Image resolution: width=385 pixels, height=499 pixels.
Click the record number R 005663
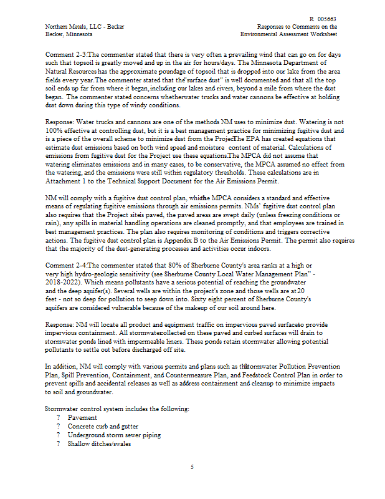323,19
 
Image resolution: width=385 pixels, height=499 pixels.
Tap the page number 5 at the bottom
192,467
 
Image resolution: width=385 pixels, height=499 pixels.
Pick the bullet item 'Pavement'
82,417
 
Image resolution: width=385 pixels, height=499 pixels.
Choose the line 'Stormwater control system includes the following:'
117,409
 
